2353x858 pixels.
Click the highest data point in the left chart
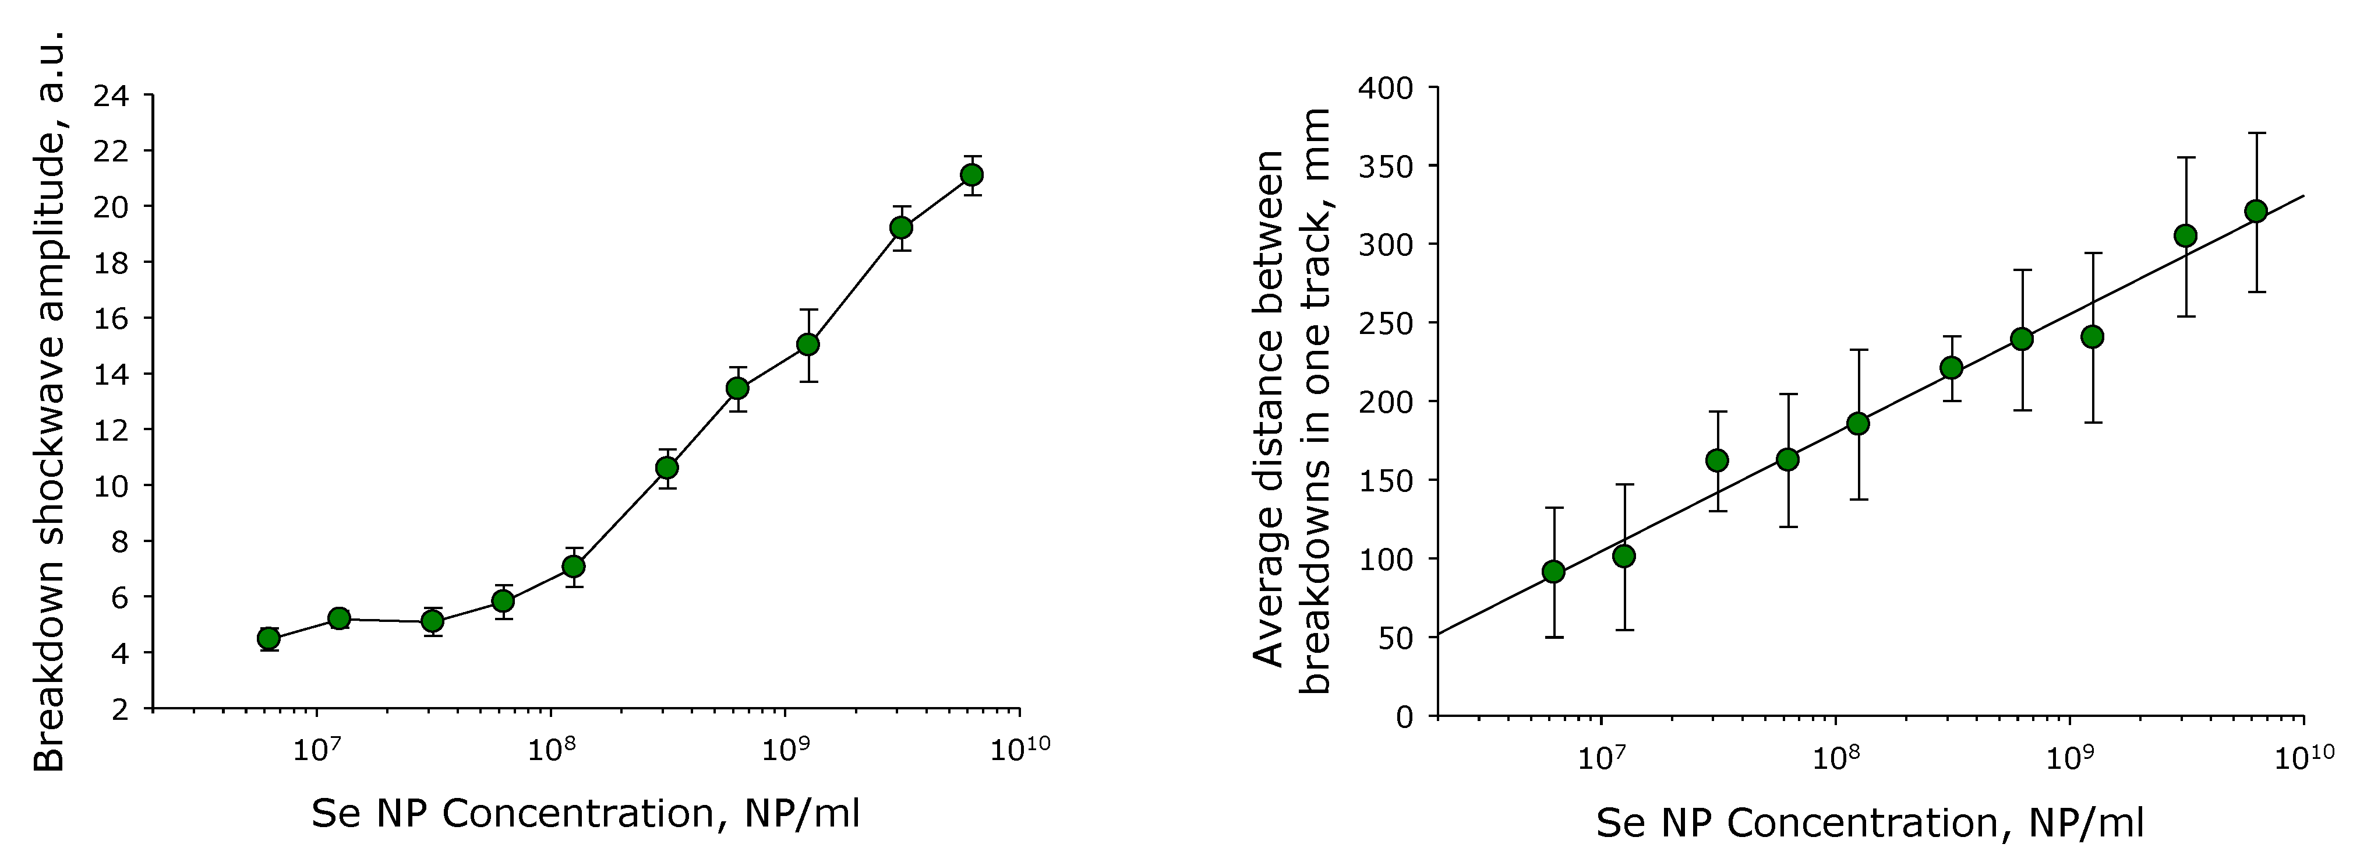972,174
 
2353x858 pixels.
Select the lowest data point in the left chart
268,638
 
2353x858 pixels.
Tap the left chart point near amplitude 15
807,344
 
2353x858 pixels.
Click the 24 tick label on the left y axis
111,95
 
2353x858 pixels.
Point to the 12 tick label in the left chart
111,430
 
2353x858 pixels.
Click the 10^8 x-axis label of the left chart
550,749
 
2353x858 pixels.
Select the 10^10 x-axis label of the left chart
1019,749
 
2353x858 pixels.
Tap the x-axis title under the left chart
585,813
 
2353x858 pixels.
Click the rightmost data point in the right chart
2256,211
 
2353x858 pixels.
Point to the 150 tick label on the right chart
1386,481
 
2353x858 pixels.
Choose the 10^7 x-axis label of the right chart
1601,758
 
